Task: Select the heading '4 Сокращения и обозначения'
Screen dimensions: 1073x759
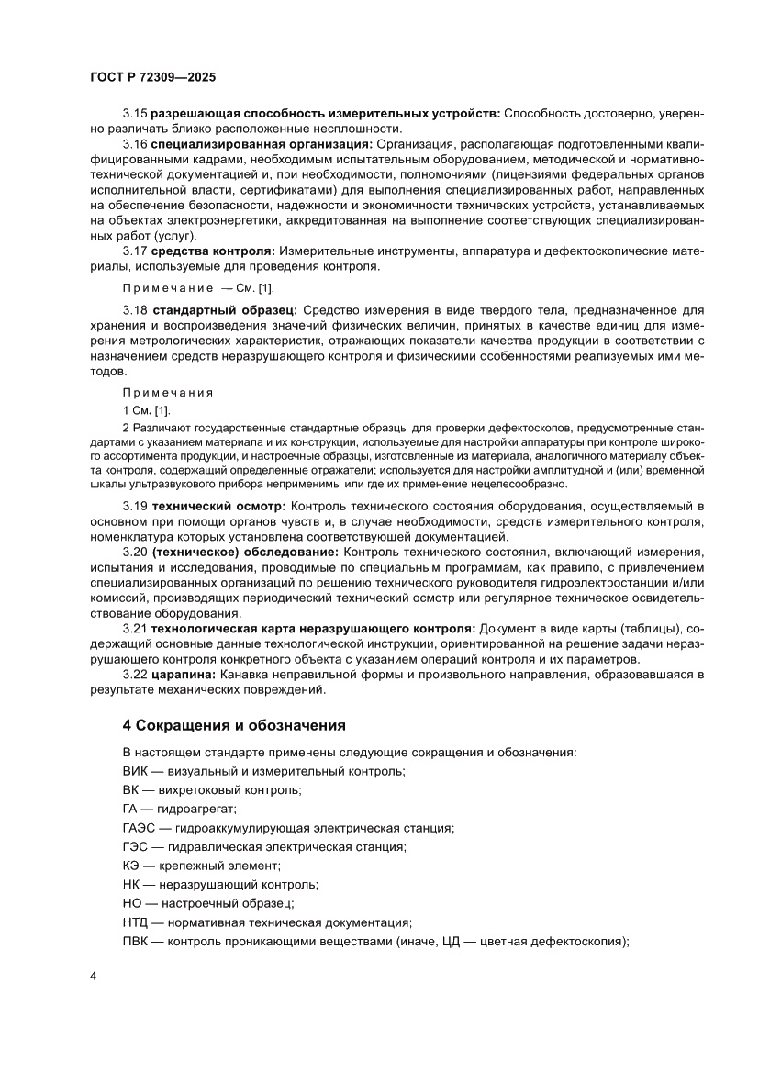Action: point(234,725)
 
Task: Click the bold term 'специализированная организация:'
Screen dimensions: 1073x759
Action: point(262,144)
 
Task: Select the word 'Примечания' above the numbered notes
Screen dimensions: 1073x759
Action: point(167,392)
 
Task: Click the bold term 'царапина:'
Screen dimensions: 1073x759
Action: point(180,675)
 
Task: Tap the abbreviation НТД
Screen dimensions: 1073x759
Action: point(136,922)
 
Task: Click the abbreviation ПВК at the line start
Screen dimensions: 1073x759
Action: point(136,942)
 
